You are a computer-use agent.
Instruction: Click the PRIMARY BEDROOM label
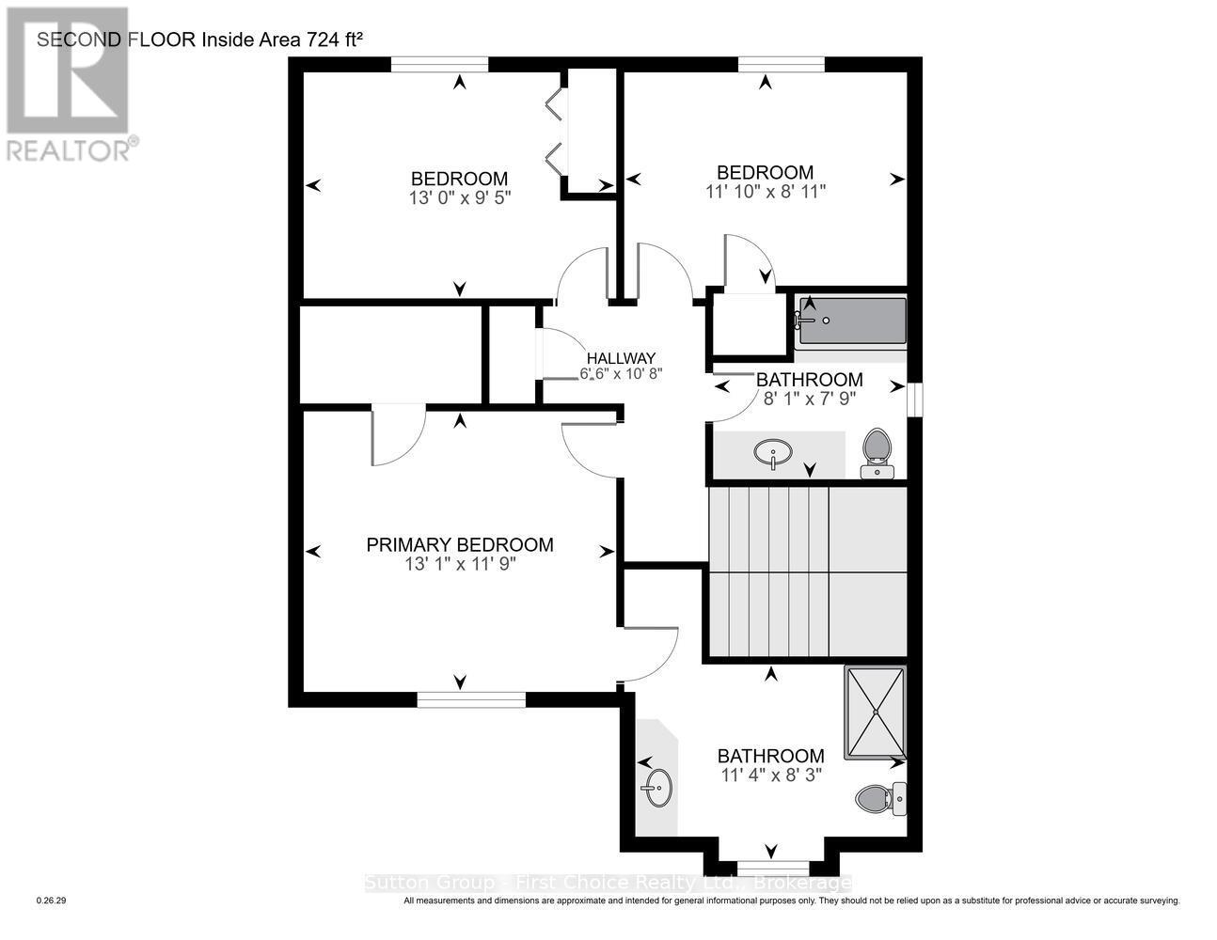(459, 544)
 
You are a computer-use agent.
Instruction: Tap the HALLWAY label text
(621, 358)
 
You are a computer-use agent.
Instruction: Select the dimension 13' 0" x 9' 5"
(459, 198)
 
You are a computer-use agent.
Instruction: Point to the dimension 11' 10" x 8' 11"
(766, 192)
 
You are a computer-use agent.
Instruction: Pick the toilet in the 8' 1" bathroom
(877, 452)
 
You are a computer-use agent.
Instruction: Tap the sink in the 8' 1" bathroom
(773, 454)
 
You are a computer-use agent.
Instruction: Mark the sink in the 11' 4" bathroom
(657, 786)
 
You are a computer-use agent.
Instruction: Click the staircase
(805, 572)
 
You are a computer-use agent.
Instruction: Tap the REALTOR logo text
(71, 149)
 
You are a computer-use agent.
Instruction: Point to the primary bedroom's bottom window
(471, 698)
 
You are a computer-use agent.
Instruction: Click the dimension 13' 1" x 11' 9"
(460, 564)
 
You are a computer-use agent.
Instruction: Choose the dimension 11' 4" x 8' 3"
(770, 775)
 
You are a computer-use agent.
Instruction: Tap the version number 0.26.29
(51, 901)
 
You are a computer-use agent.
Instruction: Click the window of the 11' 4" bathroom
(771, 866)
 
